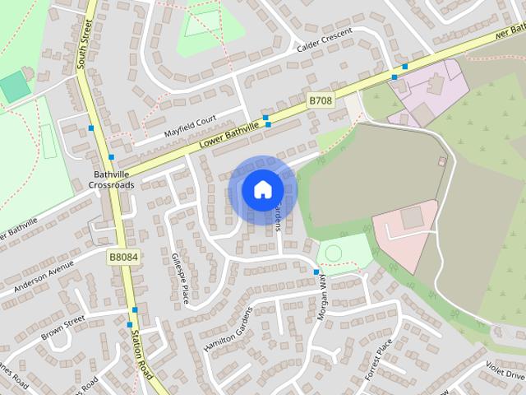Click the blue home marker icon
[x=262, y=190]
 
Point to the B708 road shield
[x=321, y=100]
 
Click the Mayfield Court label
[x=189, y=125]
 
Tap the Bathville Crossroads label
[x=113, y=179]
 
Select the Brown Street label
[x=62, y=328]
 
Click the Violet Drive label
[x=505, y=368]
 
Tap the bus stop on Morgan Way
[x=316, y=272]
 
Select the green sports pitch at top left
[x=13, y=86]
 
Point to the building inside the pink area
[x=411, y=217]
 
